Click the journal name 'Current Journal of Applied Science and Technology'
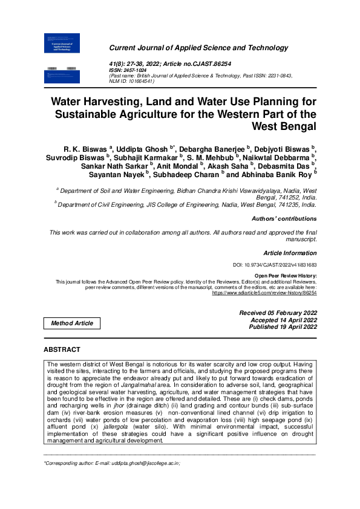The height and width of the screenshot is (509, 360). coord(198,48)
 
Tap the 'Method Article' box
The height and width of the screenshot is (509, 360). coord(72,323)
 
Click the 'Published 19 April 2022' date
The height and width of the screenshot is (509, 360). coord(283,326)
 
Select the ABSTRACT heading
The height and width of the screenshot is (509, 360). coord(62,350)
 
